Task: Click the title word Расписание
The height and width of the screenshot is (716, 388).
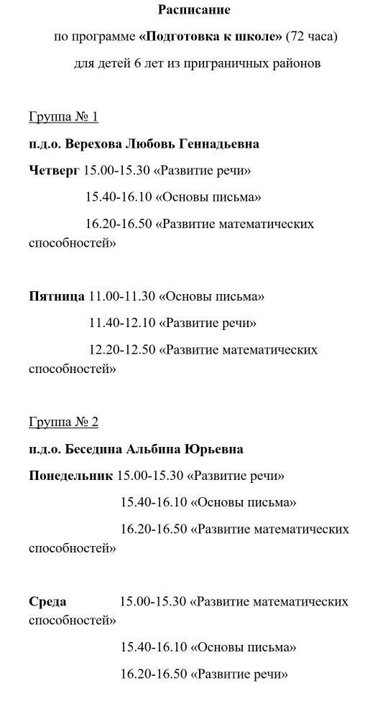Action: [x=194, y=10]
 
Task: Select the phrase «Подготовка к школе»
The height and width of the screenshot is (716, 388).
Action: [x=210, y=37]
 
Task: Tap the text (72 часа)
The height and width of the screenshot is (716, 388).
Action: [x=311, y=37]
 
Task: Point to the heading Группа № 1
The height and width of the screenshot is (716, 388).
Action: [x=63, y=116]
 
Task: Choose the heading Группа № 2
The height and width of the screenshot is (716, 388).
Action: [x=63, y=422]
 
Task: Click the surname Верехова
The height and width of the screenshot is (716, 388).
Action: [x=93, y=143]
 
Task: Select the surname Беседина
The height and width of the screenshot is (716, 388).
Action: [x=94, y=449]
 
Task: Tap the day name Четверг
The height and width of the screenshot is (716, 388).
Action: [x=54, y=170]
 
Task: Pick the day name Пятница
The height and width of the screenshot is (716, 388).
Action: [x=57, y=296]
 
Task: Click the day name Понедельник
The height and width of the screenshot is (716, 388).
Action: [x=70, y=476]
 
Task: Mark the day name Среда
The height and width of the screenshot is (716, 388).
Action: [x=47, y=601]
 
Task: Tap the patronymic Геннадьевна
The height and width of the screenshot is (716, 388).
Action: [x=218, y=143]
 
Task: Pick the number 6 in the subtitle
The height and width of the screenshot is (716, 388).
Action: [x=137, y=63]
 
